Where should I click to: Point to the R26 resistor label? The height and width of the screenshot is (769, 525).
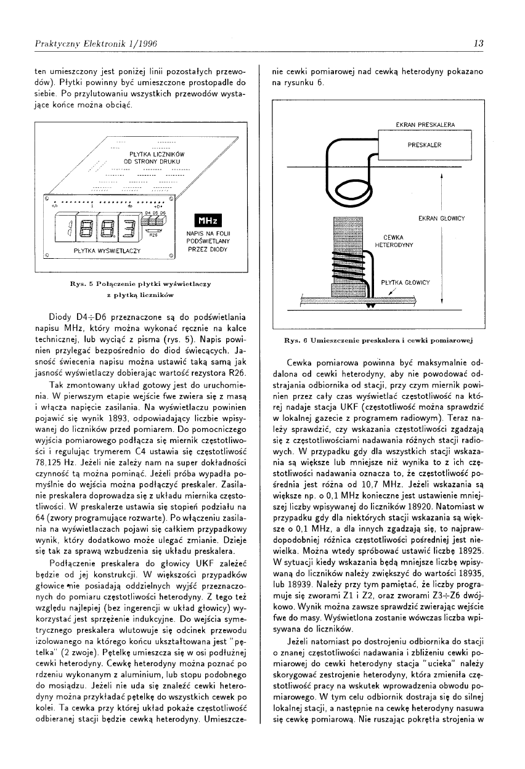click(154, 235)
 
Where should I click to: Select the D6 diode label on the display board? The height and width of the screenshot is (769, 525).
click(163, 211)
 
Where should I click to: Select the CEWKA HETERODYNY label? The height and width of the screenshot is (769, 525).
click(393, 241)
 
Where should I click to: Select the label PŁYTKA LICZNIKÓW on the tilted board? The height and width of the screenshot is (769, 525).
click(151, 153)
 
